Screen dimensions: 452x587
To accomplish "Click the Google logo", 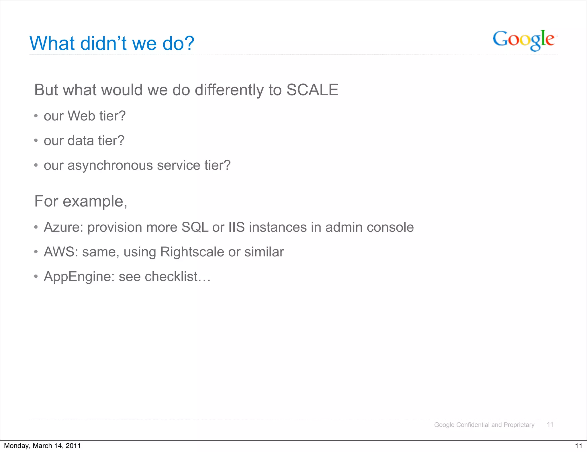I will pyautogui.click(x=523, y=40).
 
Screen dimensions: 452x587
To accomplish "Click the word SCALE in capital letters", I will pyautogui.click(x=312, y=90).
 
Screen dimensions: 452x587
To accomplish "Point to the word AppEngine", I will pyautogui.click(x=79, y=277).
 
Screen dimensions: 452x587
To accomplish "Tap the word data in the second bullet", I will pyautogui.click(x=81, y=141).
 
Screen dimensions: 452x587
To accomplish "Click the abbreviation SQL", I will pyautogui.click(x=195, y=227).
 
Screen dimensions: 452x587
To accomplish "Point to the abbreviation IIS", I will pyautogui.click(x=236, y=227).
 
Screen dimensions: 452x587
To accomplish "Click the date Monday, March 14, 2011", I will pyautogui.click(x=42, y=446).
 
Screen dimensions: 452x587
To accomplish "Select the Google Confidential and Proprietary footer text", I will pyautogui.click(x=484, y=425).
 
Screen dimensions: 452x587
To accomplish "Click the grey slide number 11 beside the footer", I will pyautogui.click(x=550, y=425).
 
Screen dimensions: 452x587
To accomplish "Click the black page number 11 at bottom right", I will pyautogui.click(x=578, y=446).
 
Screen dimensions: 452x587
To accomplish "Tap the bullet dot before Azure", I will pyautogui.click(x=36, y=227).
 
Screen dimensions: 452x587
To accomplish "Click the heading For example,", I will pyautogui.click(x=81, y=201).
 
